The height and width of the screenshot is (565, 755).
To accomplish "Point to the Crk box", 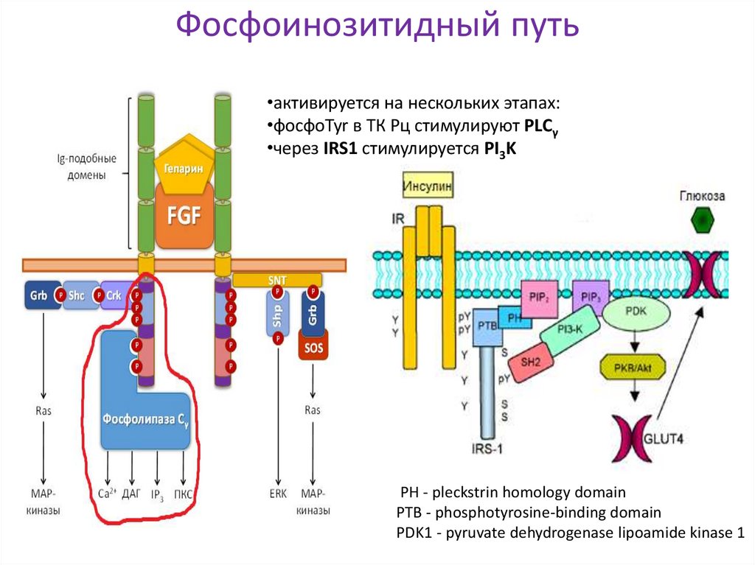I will click(x=113, y=295).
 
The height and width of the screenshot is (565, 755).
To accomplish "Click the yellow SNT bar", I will click(x=277, y=280).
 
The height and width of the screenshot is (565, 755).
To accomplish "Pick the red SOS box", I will click(x=313, y=346).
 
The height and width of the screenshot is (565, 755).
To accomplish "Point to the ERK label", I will click(x=278, y=494).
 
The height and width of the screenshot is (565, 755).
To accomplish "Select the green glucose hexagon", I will click(x=703, y=220).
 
